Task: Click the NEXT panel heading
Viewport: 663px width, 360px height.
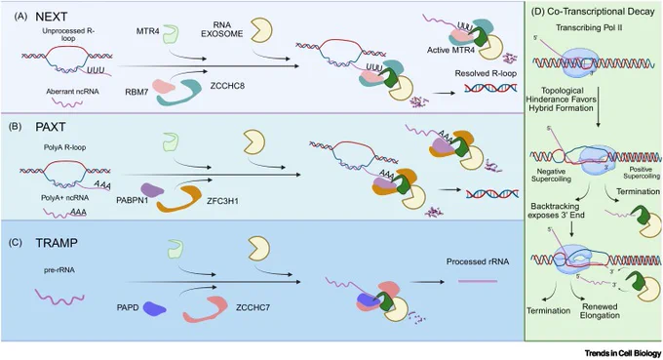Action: click(x=51, y=17)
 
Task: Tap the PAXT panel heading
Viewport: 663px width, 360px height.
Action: click(x=51, y=128)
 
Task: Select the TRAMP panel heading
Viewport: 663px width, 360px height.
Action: click(x=57, y=243)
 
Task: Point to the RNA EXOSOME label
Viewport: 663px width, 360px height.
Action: click(x=222, y=29)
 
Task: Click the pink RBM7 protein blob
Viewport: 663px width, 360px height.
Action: click(x=164, y=86)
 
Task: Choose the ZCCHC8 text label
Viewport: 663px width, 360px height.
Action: click(x=227, y=86)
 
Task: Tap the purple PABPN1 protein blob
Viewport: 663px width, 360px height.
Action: click(x=152, y=190)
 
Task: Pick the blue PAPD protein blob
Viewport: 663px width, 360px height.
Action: click(x=154, y=308)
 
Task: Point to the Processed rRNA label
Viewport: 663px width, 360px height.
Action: click(x=478, y=261)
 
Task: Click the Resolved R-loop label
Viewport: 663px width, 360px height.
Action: click(x=486, y=73)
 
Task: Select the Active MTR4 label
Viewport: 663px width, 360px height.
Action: click(x=450, y=50)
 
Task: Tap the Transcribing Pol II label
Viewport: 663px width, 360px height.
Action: click(x=589, y=28)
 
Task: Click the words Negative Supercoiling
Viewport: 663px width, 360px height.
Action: click(x=552, y=176)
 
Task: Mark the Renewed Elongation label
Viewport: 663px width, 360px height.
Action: click(x=600, y=311)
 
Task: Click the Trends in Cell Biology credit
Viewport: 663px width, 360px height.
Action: click(x=623, y=353)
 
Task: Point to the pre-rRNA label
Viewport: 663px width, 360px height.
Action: click(x=59, y=270)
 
